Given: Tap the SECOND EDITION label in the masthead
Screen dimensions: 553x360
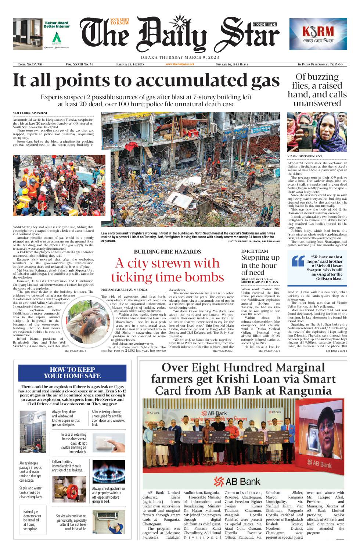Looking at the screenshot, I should [264, 25].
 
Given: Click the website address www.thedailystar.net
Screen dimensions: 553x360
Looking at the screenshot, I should [180, 64].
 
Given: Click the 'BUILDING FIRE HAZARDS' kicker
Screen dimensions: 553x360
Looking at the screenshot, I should [168, 252].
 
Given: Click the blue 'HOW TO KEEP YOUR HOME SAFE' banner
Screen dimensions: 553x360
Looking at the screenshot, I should [72, 373].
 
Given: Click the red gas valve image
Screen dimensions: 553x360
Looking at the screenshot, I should [69, 489].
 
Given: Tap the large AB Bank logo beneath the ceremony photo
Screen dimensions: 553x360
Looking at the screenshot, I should [237, 481].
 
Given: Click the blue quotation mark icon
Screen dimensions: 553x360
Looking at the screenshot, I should [298, 261].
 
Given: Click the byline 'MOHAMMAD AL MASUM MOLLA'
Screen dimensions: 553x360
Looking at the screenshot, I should [124, 290].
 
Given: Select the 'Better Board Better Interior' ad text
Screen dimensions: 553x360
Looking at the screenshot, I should [57, 25].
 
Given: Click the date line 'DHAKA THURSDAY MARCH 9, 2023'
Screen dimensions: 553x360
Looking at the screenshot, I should [180, 57].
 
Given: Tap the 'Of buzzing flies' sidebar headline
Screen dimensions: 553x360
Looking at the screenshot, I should [317, 90].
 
